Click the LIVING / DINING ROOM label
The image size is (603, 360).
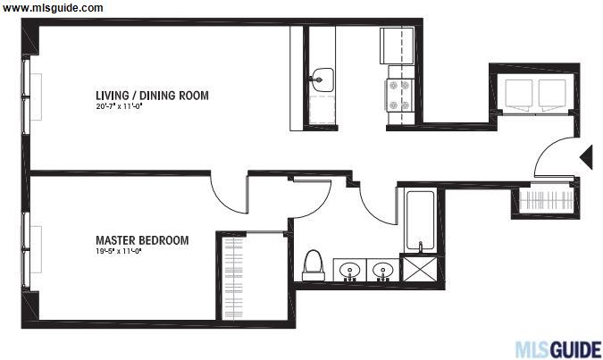(x=152, y=96)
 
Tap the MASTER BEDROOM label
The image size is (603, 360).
(x=142, y=240)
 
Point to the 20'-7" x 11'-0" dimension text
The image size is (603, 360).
(x=119, y=106)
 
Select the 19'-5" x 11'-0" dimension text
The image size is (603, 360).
(x=119, y=252)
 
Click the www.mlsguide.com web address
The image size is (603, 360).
(x=53, y=8)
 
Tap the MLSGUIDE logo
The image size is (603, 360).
(x=558, y=349)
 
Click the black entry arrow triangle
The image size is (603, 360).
(x=586, y=157)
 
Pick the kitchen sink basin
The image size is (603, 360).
(x=323, y=80)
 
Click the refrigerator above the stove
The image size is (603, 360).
(x=397, y=46)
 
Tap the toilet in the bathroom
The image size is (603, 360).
(x=313, y=265)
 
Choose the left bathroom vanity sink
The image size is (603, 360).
(x=349, y=271)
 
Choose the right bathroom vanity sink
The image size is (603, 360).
(x=383, y=271)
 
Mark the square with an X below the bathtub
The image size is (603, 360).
(x=419, y=269)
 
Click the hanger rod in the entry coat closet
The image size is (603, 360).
(x=546, y=200)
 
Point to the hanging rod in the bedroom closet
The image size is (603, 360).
(x=234, y=279)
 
